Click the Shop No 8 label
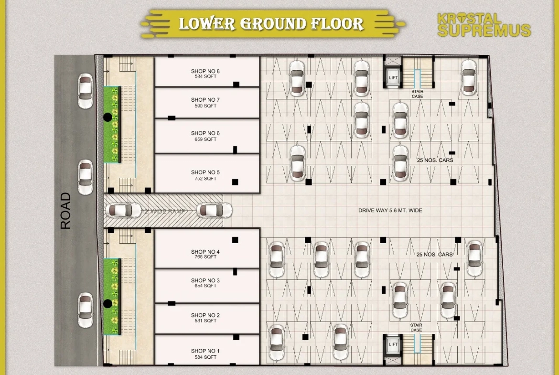tap(205, 72)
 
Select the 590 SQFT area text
tap(205, 106)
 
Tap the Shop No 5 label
tap(205, 172)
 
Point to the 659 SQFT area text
tap(205, 139)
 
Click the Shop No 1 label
tap(205, 351)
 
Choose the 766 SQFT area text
tap(205, 257)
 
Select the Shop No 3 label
tap(205, 280)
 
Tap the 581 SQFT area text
tap(205, 321)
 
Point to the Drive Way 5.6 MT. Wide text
tap(390, 211)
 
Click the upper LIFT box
tap(393, 77)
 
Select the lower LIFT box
tap(393, 344)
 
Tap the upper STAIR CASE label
tap(418, 94)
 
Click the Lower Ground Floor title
tap(271, 24)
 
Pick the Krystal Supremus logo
tap(484, 25)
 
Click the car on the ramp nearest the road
tap(123, 210)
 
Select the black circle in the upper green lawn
tap(108, 117)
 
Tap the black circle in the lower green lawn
tap(108, 303)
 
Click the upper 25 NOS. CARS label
tap(435, 161)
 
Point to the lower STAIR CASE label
tap(416, 328)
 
